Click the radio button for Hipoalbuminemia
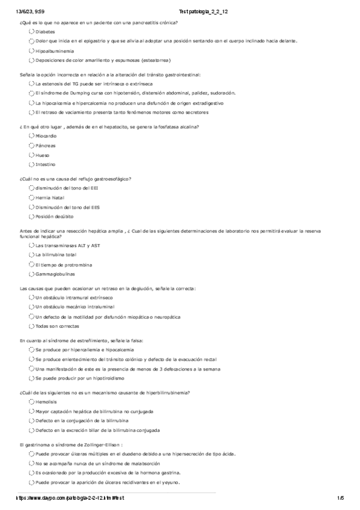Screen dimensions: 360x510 click(x=31, y=51)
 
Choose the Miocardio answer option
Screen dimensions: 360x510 click(x=31, y=136)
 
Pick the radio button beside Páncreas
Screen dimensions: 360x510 click(x=31, y=146)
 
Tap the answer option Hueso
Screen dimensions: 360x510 click(x=31, y=155)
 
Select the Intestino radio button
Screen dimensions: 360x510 click(x=31, y=164)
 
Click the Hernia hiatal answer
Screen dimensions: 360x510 click(x=31, y=197)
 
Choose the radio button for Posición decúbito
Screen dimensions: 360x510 click(x=31, y=216)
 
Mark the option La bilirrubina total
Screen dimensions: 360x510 click(x=31, y=255)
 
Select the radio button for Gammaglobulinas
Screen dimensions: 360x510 click(x=31, y=274)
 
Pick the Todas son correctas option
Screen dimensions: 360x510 click(x=31, y=326)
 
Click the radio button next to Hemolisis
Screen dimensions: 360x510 click(x=31, y=402)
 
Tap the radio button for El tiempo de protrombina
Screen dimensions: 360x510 click(x=31, y=265)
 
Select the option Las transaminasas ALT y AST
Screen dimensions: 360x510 click(x=31, y=245)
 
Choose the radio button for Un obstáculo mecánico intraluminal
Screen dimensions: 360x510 click(x=31, y=307)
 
